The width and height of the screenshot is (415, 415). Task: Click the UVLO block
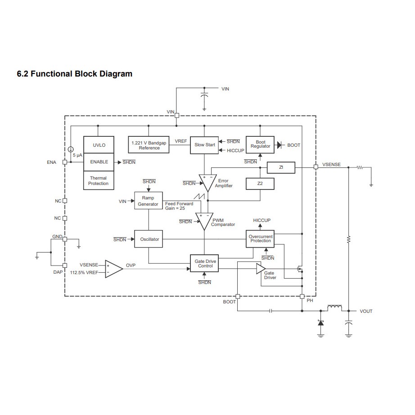click(99, 145)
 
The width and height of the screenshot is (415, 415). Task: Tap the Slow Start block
click(204, 145)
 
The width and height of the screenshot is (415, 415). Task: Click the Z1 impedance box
click(281, 167)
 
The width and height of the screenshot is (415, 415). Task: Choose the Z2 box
click(260, 184)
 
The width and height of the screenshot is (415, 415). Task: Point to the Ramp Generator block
click(148, 201)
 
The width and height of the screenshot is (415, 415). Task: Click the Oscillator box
click(148, 239)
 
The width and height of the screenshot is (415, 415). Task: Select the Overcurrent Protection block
click(261, 238)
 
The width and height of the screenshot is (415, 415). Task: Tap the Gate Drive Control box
click(204, 263)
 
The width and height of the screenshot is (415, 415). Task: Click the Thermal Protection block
click(99, 181)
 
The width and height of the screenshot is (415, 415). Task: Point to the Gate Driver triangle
click(261, 268)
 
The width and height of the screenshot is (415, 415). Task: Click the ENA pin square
click(65, 162)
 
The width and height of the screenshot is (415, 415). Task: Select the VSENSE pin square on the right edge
click(316, 167)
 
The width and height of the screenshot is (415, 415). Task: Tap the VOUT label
click(366, 311)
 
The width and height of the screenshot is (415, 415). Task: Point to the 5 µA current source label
click(77, 155)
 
